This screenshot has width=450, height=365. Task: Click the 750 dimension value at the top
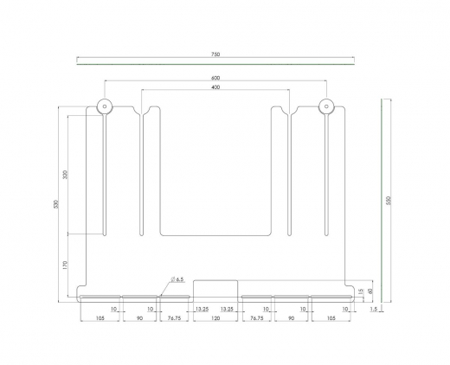click(x=215, y=54)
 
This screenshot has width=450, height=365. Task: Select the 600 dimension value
click(x=215, y=80)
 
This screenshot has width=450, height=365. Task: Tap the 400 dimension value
click(x=215, y=88)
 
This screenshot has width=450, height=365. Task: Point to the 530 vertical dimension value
click(x=55, y=205)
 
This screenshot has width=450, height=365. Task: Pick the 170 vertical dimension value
click(x=66, y=266)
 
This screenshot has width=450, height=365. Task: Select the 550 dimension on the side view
click(x=389, y=200)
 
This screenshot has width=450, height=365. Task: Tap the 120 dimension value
click(x=215, y=318)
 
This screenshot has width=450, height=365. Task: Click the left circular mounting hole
click(x=104, y=107)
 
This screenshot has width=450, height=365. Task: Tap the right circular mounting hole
click(x=325, y=107)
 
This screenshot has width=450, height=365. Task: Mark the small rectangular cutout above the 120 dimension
click(x=215, y=289)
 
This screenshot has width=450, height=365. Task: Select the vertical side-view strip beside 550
click(x=381, y=200)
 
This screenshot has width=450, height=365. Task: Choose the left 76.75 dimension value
click(x=173, y=318)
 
